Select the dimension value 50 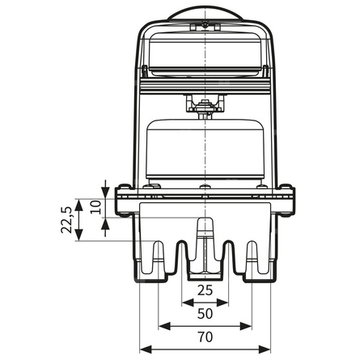coord(205,313)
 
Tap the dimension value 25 coord(205,290)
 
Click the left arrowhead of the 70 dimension coord(144,349)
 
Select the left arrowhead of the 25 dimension coord(186,302)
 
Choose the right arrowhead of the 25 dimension coord(225,302)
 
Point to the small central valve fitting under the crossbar coord(205,104)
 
